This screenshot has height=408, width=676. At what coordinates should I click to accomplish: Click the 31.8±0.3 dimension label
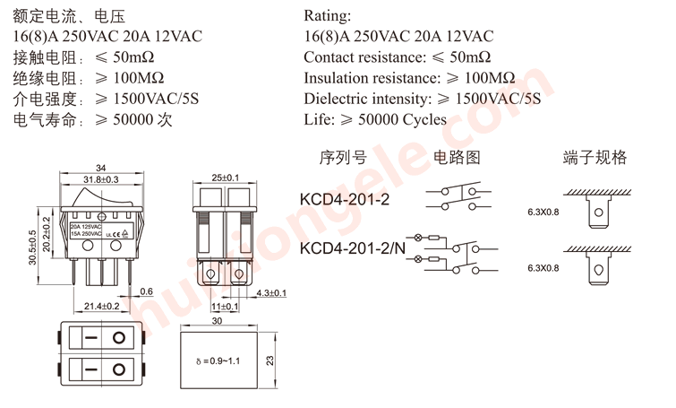(100, 179)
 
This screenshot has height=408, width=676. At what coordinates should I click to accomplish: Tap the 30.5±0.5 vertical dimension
(33, 247)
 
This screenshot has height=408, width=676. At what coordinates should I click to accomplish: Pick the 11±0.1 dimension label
(225, 307)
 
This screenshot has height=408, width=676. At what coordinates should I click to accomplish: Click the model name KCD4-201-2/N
(352, 247)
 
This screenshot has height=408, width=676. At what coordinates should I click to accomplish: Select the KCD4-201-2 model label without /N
(345, 197)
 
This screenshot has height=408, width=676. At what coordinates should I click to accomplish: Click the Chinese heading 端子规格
(595, 158)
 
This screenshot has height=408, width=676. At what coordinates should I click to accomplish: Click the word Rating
(328, 16)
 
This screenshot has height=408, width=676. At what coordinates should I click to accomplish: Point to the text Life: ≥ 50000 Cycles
(375, 119)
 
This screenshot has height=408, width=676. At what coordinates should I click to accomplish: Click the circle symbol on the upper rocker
(119, 338)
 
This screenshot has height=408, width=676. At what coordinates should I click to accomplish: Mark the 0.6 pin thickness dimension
(147, 291)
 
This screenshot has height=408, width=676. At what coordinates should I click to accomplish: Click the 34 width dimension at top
(101, 168)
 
